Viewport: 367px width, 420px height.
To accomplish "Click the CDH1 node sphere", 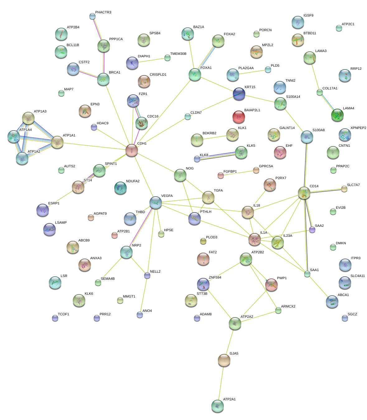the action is pos(132,150).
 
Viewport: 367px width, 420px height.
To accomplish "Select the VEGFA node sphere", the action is pos(155,203).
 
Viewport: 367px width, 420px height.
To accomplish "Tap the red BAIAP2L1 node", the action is pos(238,117).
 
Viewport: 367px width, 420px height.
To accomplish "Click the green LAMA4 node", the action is pos(337,115).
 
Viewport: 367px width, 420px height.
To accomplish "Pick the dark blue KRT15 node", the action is pos(239,94).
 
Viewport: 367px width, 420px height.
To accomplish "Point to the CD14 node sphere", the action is pos(304,193).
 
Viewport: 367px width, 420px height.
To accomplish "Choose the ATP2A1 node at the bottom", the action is pos(217,406).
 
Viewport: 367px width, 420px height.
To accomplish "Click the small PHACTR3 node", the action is pos(92,16).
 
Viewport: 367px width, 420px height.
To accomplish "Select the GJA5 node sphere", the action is pos(224,360).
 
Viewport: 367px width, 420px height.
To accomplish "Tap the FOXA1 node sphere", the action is pos(195,75).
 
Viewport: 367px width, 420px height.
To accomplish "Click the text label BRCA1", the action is pos(115,73).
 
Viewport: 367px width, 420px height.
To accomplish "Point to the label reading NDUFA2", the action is pos(133,181).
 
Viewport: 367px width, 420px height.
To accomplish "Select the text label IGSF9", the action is pos(308,16).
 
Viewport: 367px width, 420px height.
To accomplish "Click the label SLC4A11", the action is pos(357,276).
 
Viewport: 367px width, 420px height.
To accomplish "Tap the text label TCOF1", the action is pos(64,314).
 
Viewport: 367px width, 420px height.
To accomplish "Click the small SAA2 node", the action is pos(312,230).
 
